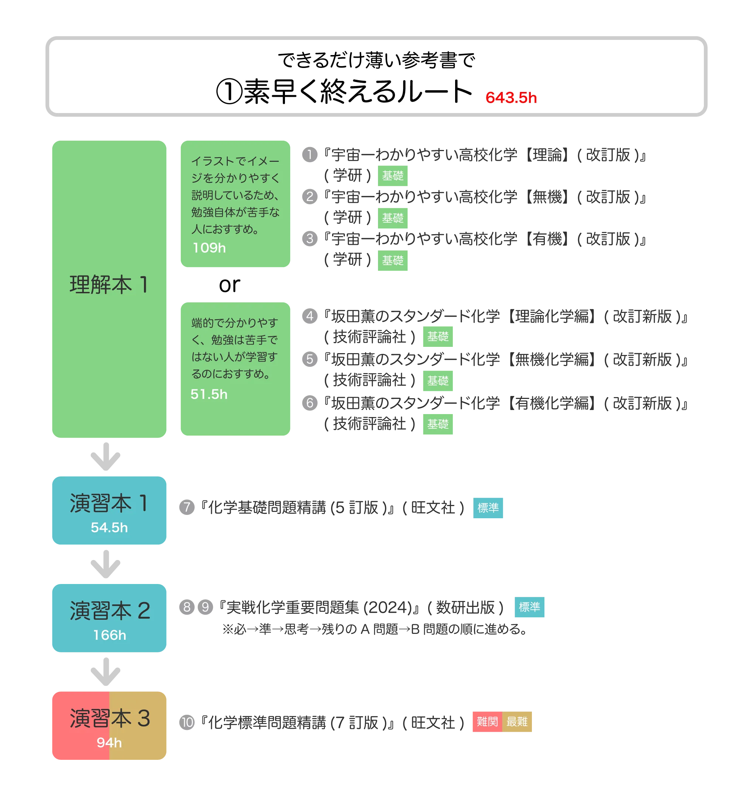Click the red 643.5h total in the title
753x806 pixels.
(511, 98)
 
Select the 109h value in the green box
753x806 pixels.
(209, 248)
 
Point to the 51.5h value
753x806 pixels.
(209, 394)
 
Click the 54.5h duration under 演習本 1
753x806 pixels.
(109, 527)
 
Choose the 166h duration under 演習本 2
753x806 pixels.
(109, 635)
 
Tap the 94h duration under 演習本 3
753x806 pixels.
(109, 742)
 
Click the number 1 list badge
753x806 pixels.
(310, 154)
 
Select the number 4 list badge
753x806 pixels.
(310, 316)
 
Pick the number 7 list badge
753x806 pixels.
(187, 507)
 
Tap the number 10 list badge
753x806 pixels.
(187, 722)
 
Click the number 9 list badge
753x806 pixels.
(205, 607)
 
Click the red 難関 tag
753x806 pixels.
(487, 721)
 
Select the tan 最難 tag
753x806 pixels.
(517, 721)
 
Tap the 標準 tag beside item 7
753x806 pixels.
(488, 508)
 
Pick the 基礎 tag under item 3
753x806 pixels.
(393, 260)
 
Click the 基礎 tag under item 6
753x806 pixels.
(438, 424)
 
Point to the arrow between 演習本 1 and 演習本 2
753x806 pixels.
(105, 564)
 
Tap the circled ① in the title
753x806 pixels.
(229, 92)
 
